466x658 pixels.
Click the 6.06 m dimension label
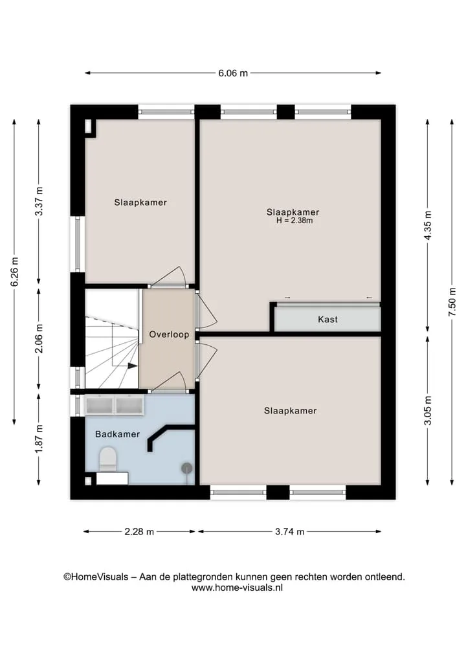click(x=233, y=73)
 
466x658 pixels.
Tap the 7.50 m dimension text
click(x=452, y=303)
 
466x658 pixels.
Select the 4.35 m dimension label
click(x=428, y=225)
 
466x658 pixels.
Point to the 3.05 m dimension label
click(x=428, y=410)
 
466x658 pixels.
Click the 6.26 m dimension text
click(x=15, y=272)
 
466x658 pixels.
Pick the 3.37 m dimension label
click(x=39, y=201)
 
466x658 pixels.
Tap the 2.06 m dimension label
click(x=39, y=338)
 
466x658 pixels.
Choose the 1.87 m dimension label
click(x=39, y=439)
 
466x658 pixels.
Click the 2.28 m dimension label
click(x=139, y=532)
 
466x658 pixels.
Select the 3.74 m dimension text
click(x=290, y=532)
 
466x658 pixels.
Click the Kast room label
click(x=328, y=320)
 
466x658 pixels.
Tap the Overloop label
click(x=169, y=334)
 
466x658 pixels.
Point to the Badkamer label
click(x=118, y=434)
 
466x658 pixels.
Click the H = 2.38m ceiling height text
click(x=294, y=221)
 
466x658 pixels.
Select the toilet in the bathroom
click(x=108, y=459)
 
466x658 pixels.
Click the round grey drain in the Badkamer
click(x=187, y=468)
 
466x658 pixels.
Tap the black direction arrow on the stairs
click(x=132, y=366)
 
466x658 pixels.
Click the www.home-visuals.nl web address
click(x=237, y=588)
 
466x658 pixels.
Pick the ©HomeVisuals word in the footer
click(x=96, y=577)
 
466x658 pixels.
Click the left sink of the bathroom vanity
click(x=100, y=406)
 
